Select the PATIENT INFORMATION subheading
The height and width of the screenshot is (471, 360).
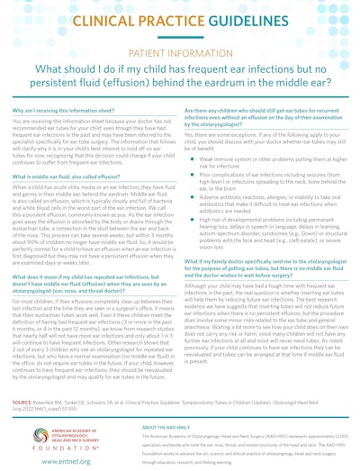pyautogui.click(x=180, y=55)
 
